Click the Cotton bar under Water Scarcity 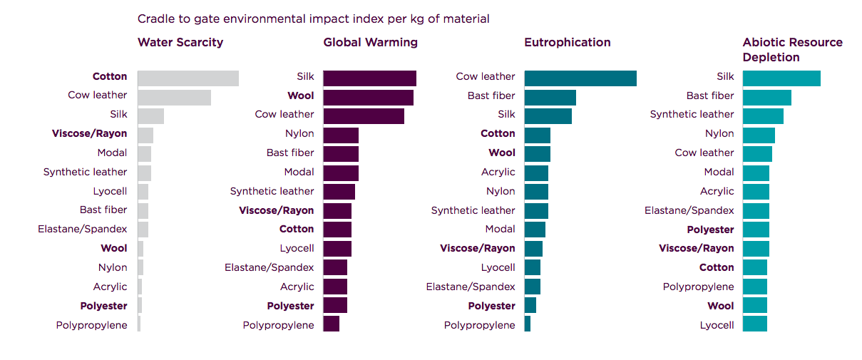point(188,78)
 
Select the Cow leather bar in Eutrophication point(580,78)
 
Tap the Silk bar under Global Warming point(369,78)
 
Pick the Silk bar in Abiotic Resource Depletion point(781,78)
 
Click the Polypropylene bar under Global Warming point(331,324)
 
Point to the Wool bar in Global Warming point(368,97)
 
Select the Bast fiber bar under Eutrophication point(550,97)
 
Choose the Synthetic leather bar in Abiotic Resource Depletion point(763,115)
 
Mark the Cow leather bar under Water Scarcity point(174,97)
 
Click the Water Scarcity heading point(180,42)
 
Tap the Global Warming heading point(370,42)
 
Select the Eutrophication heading point(567,42)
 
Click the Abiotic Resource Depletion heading point(792,49)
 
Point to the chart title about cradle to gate point(313,19)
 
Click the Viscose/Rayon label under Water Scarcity point(90,133)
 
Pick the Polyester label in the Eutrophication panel point(491,306)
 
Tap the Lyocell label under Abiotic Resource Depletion point(717,325)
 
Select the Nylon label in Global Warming point(299,133)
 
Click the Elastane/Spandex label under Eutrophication point(471,287)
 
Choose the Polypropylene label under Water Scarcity point(92,325)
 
